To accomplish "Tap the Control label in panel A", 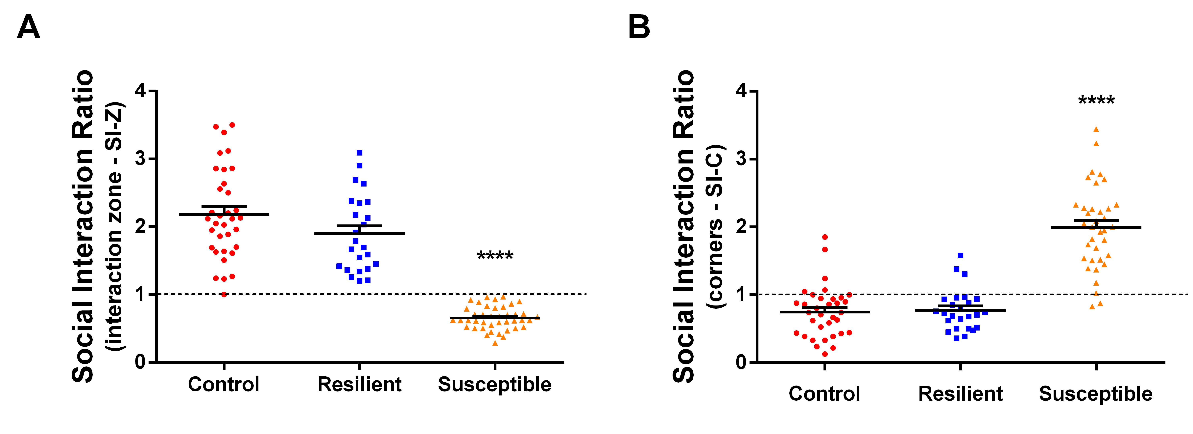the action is point(224,384).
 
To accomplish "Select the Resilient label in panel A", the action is point(359,384).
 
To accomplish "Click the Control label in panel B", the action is point(824,394).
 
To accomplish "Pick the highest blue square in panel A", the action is point(359,153).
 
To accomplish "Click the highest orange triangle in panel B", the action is point(1096,129).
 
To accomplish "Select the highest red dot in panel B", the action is point(825,237).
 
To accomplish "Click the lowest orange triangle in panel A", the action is point(495,343).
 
